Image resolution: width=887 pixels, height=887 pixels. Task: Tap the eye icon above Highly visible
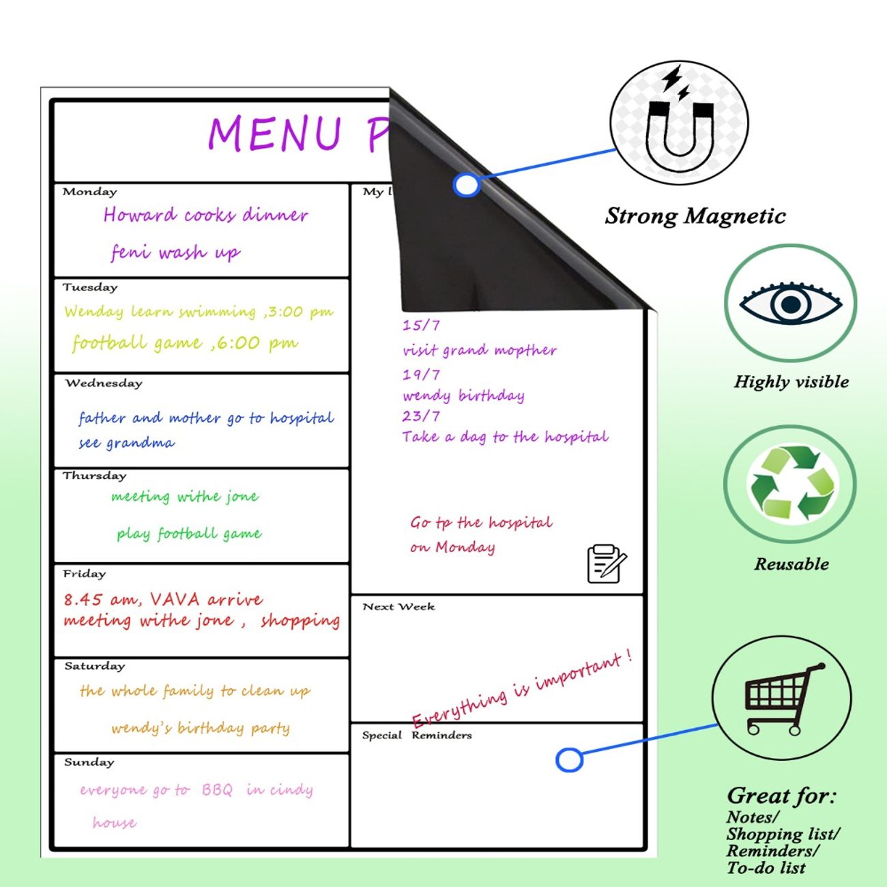click(x=790, y=303)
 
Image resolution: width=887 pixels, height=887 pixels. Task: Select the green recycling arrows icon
click(x=791, y=482)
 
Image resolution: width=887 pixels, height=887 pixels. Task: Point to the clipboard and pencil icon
click(x=606, y=564)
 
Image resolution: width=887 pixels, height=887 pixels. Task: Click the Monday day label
click(x=89, y=192)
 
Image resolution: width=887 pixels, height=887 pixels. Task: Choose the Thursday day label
click(x=94, y=476)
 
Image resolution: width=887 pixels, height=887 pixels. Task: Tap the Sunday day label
click(x=89, y=762)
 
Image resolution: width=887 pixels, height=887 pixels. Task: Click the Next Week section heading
click(x=398, y=607)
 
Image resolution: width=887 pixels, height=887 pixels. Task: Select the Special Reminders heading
click(x=417, y=736)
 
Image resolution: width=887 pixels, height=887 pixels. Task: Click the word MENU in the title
click(x=274, y=134)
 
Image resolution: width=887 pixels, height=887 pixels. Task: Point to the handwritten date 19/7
click(x=421, y=375)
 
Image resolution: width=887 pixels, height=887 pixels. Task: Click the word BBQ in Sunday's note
click(x=217, y=790)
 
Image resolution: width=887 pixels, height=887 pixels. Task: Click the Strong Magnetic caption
click(x=695, y=216)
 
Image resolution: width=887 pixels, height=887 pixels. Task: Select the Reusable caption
click(x=791, y=564)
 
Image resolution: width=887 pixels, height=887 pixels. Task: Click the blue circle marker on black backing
click(x=467, y=185)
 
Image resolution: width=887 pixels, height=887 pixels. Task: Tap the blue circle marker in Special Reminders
click(x=569, y=760)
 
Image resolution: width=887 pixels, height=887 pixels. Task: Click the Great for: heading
click(x=781, y=796)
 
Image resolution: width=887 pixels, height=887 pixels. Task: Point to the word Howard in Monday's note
click(x=140, y=215)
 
